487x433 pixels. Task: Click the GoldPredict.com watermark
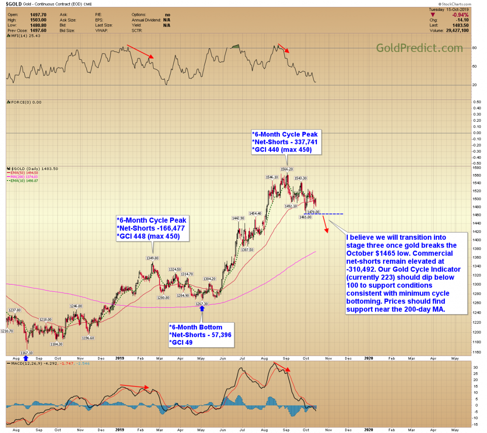click(x=419, y=48)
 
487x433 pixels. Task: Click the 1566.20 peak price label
click(x=287, y=169)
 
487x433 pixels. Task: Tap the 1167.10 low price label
click(x=26, y=353)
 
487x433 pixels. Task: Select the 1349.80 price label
click(x=152, y=258)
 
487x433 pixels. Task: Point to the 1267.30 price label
click(x=202, y=304)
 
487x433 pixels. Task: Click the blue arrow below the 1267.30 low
click(x=202, y=309)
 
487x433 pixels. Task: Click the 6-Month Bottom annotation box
click(x=201, y=335)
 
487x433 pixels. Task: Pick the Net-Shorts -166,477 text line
click(x=151, y=228)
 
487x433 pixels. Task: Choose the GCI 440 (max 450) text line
click(x=282, y=150)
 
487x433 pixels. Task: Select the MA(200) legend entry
click(x=24, y=177)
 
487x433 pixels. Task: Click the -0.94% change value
click(x=461, y=15)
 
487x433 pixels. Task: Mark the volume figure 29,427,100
click(x=455, y=30)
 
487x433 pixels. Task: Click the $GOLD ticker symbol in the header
click(x=13, y=4)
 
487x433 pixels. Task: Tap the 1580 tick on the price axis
click(x=477, y=168)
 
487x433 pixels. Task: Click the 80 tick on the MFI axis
click(x=474, y=48)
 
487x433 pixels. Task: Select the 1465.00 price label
click(x=305, y=218)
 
